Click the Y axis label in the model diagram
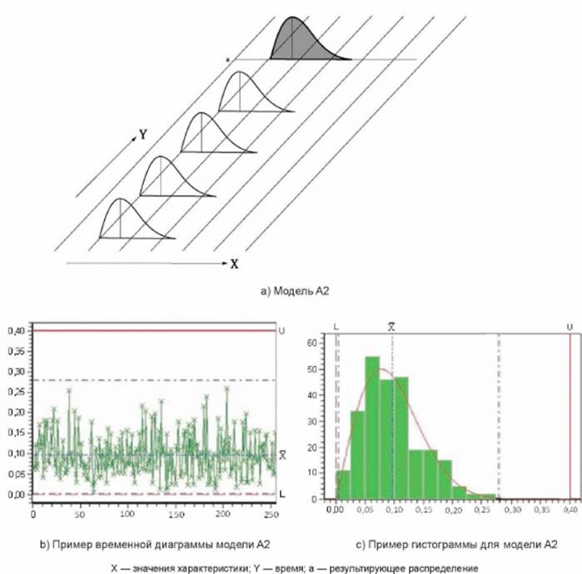(144, 134)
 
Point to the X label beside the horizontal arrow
(235, 264)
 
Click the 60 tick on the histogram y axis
(309, 342)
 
